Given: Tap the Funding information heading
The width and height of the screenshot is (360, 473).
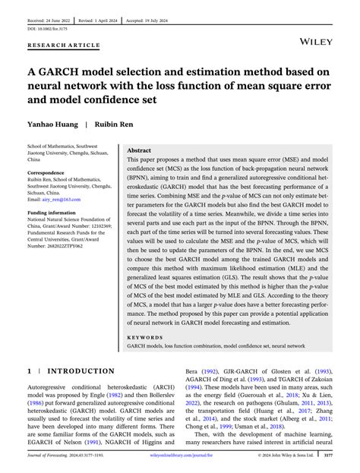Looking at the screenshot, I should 55,214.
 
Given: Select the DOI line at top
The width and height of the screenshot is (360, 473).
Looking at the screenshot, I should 49,20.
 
